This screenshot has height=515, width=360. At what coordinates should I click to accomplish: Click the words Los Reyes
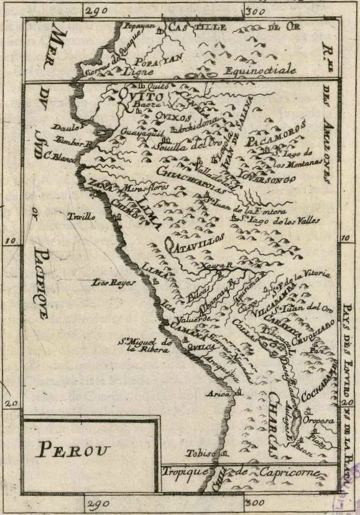pos(105,282)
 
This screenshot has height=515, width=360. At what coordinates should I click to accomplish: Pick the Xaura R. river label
pos(217,266)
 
